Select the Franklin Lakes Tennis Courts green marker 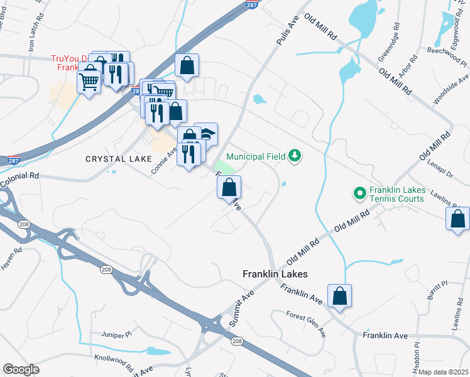click(360, 194)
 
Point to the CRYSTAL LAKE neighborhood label click(119, 160)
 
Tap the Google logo click(21, 369)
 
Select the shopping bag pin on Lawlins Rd click(457, 220)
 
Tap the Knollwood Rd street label click(114, 363)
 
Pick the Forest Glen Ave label click(306, 324)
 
